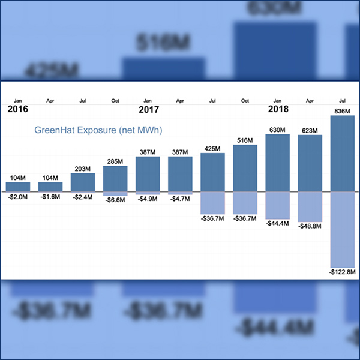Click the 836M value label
[343, 110]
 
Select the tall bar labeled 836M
[343, 153]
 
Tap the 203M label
[83, 169]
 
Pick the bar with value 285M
[115, 178]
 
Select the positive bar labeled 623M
[310, 163]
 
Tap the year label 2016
[18, 109]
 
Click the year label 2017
[148, 109]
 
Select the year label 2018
[278, 109]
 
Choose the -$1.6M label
[50, 197]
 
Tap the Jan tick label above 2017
[148, 100]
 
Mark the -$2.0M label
[18, 197]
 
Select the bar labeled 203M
[83, 182]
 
